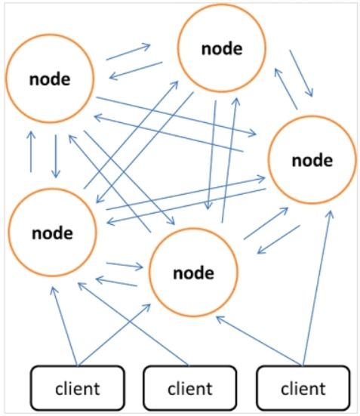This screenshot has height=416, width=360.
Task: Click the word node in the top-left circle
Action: [x=50, y=79]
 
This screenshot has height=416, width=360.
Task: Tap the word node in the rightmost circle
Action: [x=312, y=161]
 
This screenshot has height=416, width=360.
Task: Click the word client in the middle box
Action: [x=190, y=389]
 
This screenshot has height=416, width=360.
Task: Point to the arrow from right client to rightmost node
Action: [x=317, y=288]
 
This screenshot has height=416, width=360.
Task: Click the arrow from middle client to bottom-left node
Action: [x=134, y=324]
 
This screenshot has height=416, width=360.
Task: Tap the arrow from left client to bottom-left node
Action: [x=64, y=326]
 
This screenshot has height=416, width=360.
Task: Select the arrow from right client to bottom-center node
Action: [x=260, y=341]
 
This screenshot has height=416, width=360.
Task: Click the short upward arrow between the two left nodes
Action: [x=31, y=152]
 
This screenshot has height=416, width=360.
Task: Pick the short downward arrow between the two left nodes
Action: [x=56, y=156]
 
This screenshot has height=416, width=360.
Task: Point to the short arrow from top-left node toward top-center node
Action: [x=128, y=52]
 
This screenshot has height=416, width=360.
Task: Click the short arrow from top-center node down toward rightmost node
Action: [x=301, y=73]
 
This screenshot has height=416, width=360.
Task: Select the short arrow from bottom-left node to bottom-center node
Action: [x=125, y=266]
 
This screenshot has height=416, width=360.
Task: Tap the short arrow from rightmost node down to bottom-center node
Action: [x=278, y=239]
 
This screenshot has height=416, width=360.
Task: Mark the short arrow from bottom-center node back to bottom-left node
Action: [x=116, y=282]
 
